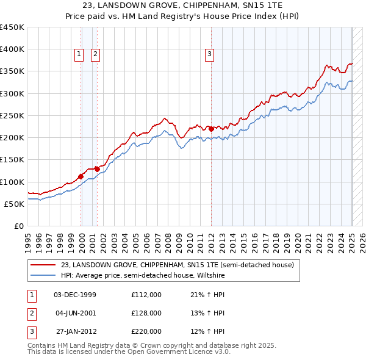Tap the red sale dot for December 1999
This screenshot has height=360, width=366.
[x=81, y=176]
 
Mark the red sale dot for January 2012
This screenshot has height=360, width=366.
[x=211, y=129]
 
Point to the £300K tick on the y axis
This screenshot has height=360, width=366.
[x=12, y=93]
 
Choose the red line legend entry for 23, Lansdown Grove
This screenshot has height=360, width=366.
[x=177, y=265]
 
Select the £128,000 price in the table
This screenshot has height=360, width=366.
[x=146, y=313]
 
